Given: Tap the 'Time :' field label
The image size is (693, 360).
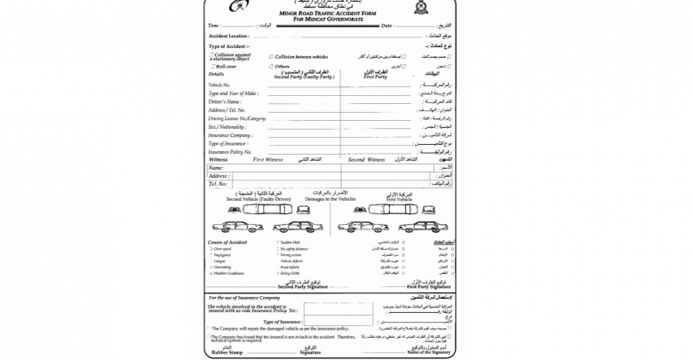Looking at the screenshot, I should (x=213, y=25).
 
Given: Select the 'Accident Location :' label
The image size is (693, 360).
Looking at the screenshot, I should (x=228, y=36).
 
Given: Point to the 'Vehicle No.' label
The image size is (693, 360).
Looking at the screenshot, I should (x=219, y=84).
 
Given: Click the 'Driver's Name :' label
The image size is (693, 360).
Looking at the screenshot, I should (x=225, y=101).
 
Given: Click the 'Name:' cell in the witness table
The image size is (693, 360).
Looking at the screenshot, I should (x=215, y=167).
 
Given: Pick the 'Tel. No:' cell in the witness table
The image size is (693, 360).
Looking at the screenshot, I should (x=218, y=184).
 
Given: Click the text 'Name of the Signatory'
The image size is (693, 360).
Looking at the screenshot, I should (x=429, y=354).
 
